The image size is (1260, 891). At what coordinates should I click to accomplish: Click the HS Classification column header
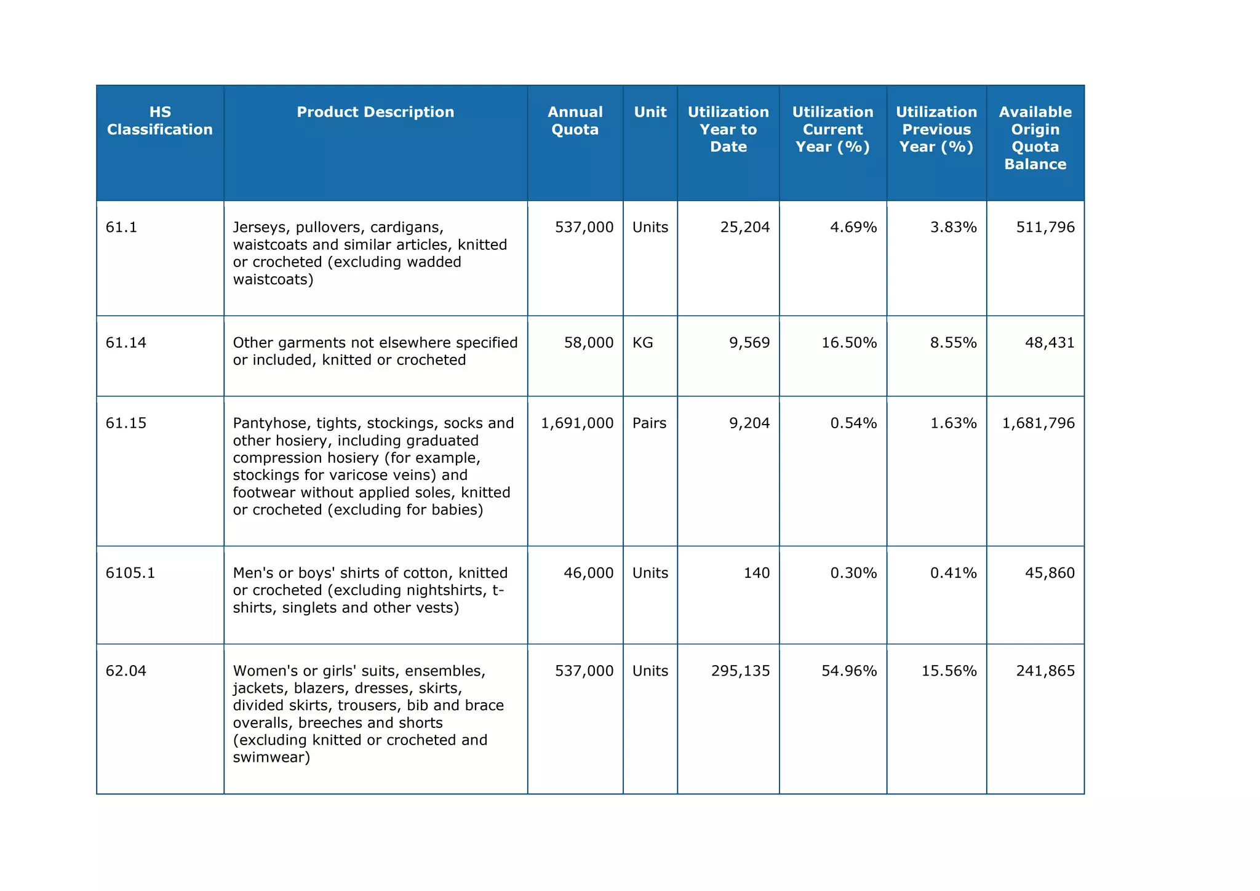pyautogui.click(x=160, y=121)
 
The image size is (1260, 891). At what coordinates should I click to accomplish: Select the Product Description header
pyautogui.click(x=375, y=112)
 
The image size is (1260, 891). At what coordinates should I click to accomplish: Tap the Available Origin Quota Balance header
pyautogui.click(x=1035, y=138)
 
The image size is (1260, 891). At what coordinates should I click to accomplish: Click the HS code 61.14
pyautogui.click(x=126, y=343)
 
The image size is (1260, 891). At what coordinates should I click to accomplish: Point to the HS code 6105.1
pyautogui.click(x=130, y=573)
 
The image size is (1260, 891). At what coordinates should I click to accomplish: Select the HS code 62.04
pyautogui.click(x=126, y=671)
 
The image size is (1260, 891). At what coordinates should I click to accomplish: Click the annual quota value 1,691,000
pyautogui.click(x=576, y=423)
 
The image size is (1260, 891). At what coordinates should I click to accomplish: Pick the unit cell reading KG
pyautogui.click(x=642, y=343)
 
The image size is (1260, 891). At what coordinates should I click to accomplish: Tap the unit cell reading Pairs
pyautogui.click(x=649, y=423)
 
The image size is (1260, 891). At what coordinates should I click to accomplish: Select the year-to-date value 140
pyautogui.click(x=756, y=573)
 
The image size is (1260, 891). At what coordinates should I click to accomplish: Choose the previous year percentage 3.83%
pyautogui.click(x=953, y=228)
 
